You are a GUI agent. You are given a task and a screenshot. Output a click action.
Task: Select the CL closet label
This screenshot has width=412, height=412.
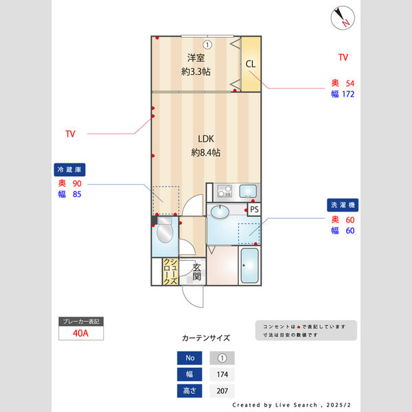point(251,64)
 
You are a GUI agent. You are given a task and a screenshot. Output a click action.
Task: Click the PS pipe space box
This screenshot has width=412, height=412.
point(253,209)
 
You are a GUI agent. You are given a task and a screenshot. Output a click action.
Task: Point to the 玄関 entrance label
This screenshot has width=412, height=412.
point(196,272)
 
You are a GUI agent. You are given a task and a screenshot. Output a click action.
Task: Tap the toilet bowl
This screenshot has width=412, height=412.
point(165,234)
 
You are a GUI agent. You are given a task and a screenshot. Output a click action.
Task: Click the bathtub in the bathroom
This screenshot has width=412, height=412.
point(249,266)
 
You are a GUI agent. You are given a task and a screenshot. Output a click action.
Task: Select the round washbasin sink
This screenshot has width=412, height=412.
point(221,211)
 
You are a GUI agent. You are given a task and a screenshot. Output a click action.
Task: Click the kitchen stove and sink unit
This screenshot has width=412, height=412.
point(236,192)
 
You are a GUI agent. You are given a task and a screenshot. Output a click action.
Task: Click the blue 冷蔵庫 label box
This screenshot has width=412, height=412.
point(71,169)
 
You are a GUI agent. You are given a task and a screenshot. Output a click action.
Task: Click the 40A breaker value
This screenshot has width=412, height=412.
point(81,334)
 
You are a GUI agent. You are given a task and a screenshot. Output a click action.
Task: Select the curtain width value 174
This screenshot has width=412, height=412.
point(222,374)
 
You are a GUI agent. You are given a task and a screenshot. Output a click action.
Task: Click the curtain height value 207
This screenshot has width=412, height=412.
point(222,391)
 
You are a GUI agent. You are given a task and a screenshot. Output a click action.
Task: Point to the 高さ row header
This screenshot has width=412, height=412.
point(190,391)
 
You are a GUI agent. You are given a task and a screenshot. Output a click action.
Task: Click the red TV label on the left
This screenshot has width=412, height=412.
point(71,133)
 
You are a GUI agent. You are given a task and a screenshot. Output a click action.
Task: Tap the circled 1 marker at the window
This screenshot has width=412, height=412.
point(207,45)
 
